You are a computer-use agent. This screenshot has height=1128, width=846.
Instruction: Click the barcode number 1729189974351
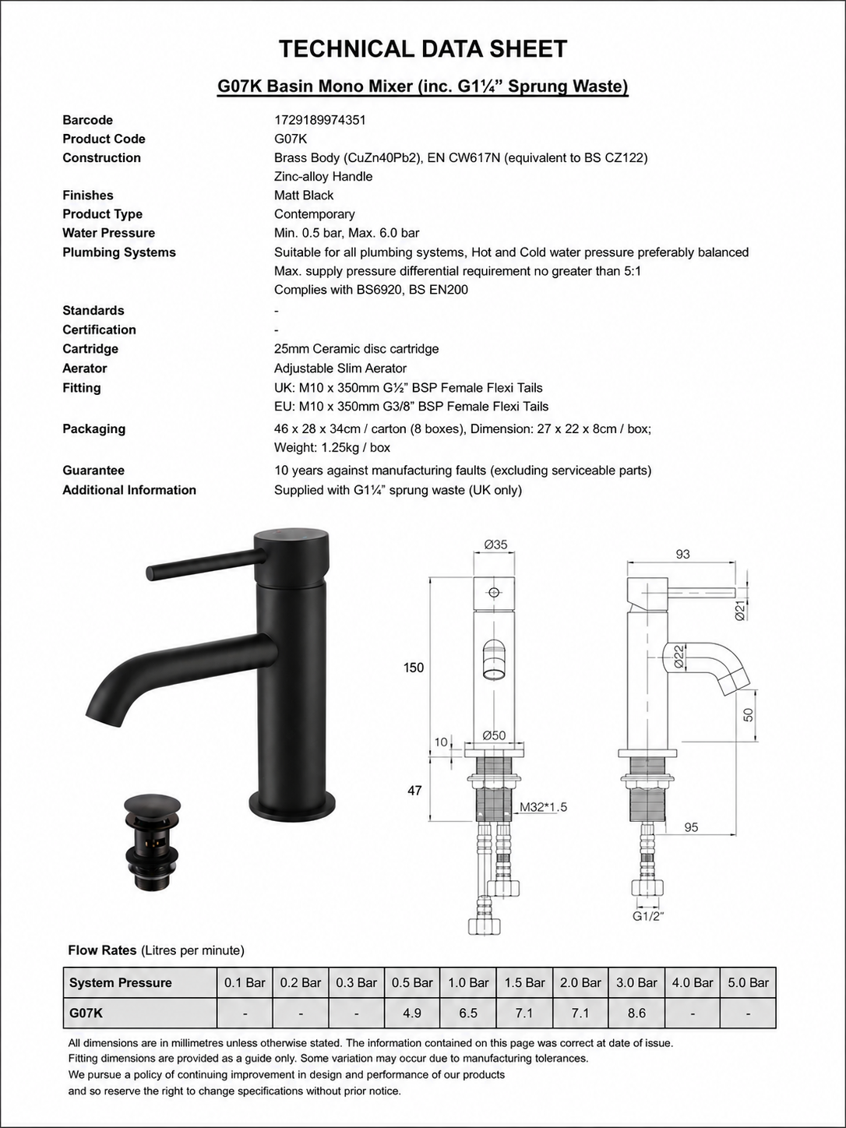[x=319, y=120]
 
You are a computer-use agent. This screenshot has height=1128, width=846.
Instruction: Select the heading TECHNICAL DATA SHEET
[x=423, y=49]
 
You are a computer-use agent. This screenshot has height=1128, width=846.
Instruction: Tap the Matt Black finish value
[x=304, y=196]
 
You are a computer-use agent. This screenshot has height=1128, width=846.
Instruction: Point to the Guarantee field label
[x=93, y=471]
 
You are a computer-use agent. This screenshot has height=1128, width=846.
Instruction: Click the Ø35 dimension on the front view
[x=495, y=545]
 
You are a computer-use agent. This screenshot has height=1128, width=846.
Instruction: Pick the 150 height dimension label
[x=414, y=668]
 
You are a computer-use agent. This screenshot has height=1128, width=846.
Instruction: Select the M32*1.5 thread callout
[x=543, y=807]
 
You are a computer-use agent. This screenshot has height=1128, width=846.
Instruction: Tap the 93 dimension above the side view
[x=682, y=554]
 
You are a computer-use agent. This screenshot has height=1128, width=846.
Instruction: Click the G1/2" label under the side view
[x=647, y=916]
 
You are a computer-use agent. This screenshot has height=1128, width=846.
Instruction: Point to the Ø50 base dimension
[x=494, y=735]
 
